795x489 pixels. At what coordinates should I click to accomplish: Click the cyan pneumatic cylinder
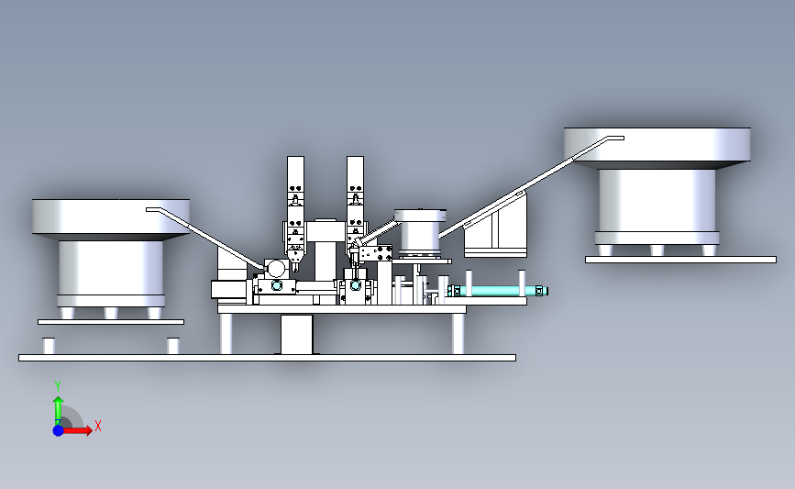coord(497,291)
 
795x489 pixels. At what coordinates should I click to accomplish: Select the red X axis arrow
coord(77,430)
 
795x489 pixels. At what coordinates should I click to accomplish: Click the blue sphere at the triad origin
coord(58,430)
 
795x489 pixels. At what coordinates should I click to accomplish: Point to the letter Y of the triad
coord(57,386)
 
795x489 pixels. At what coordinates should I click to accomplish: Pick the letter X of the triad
coord(98,426)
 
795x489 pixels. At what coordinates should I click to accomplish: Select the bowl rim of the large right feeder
coord(657,147)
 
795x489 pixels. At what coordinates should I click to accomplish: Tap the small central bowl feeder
coord(420,232)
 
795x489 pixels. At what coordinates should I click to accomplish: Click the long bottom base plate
coord(267,358)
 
